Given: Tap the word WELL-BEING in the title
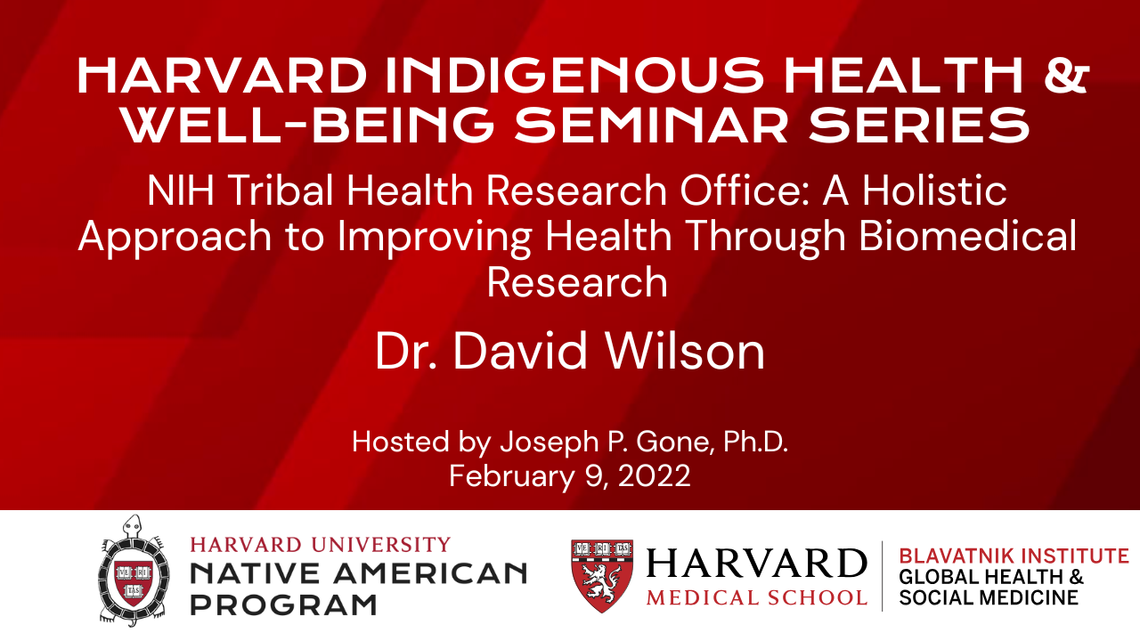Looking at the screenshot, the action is click(x=309, y=126).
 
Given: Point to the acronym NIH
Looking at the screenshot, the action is click(x=181, y=191).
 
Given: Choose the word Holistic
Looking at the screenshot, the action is click(x=934, y=190).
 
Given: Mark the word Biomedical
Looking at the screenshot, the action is click(x=968, y=236).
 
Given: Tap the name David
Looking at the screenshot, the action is click(x=520, y=351).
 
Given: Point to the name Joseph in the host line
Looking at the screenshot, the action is click(x=550, y=442).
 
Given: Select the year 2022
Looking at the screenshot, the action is click(x=654, y=475).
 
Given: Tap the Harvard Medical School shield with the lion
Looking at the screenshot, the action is click(x=603, y=575).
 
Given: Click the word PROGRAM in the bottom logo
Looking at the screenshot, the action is click(x=283, y=604).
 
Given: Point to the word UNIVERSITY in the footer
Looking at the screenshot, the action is click(x=381, y=545).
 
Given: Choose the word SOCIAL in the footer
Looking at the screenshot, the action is click(x=931, y=597).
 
